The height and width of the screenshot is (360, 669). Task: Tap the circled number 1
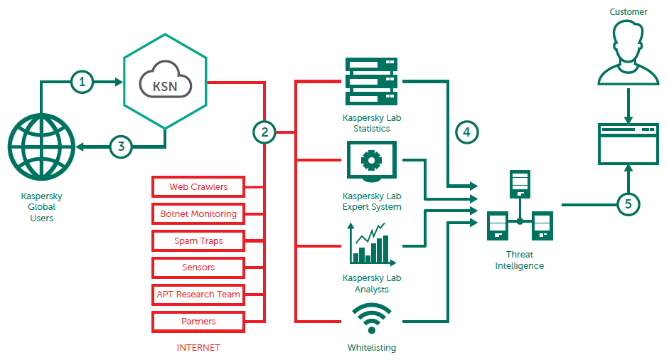[x=82, y=83]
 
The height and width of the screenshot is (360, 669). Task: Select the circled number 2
[x=264, y=132]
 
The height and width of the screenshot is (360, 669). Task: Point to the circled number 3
[x=122, y=147]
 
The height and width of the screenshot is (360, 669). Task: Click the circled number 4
[x=466, y=132]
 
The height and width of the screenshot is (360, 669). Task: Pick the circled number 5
[x=628, y=204]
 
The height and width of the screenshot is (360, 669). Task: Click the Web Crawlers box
[x=198, y=187]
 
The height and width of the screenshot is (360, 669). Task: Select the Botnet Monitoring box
[x=198, y=214]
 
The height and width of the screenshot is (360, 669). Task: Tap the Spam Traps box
[x=198, y=241]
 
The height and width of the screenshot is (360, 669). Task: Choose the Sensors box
[x=198, y=268]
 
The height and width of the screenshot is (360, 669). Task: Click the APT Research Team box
[x=198, y=295]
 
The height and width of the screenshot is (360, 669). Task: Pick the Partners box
[x=198, y=322]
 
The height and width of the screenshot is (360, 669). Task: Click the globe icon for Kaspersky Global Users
[x=42, y=148]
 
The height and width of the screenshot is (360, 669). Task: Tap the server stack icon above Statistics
[x=371, y=81]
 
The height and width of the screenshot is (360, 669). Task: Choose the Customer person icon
[x=628, y=52]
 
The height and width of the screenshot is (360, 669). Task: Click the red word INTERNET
[x=198, y=348]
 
